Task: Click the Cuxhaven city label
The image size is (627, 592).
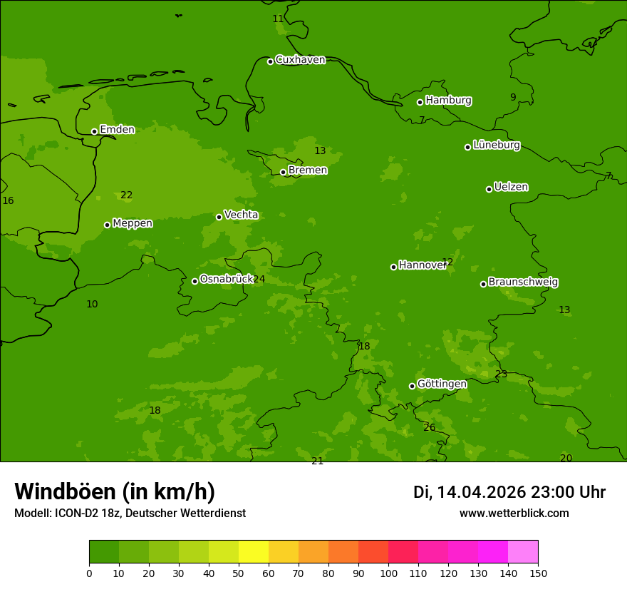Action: click(300, 60)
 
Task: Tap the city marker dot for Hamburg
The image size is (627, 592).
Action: click(420, 102)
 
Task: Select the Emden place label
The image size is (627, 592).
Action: click(117, 130)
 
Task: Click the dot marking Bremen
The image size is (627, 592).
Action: click(283, 172)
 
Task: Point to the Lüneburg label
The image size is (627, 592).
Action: click(496, 146)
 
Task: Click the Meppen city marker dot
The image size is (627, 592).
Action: click(107, 225)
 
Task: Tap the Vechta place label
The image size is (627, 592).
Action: click(241, 215)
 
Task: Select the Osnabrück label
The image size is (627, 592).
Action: click(226, 280)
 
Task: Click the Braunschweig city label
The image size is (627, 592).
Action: click(523, 282)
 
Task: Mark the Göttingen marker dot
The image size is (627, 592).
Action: click(412, 386)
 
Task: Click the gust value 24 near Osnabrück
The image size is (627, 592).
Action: click(259, 280)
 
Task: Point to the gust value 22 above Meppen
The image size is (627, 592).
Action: click(127, 195)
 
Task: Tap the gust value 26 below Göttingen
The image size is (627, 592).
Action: click(429, 428)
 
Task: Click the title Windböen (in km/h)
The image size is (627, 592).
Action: click(115, 491)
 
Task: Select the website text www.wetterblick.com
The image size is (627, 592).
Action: click(514, 514)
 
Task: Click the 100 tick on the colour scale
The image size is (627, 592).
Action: click(388, 573)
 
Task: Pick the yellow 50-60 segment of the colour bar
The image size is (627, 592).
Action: click(254, 552)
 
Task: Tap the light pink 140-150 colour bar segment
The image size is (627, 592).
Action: click(523, 552)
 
